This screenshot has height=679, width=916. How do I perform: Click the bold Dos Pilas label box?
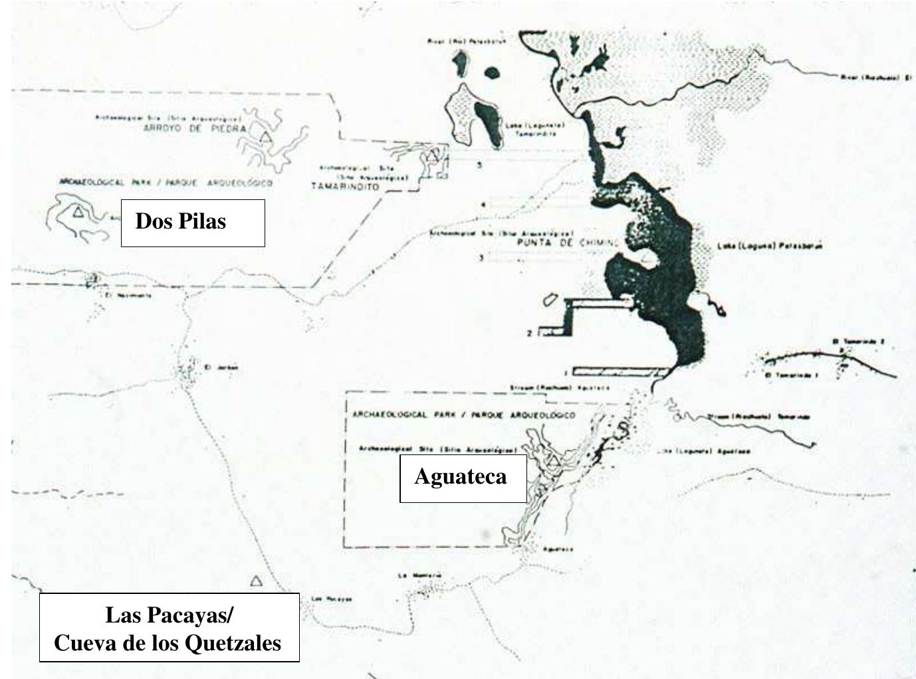coord(193,223)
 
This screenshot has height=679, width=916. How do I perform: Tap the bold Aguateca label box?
coord(463,478)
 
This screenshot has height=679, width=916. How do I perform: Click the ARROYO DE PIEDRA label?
coord(195,129)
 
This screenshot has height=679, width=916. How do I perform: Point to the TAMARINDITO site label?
coord(345,187)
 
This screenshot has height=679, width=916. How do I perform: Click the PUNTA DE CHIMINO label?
coord(568,243)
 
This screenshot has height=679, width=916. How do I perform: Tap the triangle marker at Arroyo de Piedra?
coord(265,138)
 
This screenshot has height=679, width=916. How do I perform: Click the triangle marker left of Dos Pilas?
coord(78,212)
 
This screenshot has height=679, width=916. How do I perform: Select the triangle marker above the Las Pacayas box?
coord(256,581)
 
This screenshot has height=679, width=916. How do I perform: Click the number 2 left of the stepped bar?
coord(529,334)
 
